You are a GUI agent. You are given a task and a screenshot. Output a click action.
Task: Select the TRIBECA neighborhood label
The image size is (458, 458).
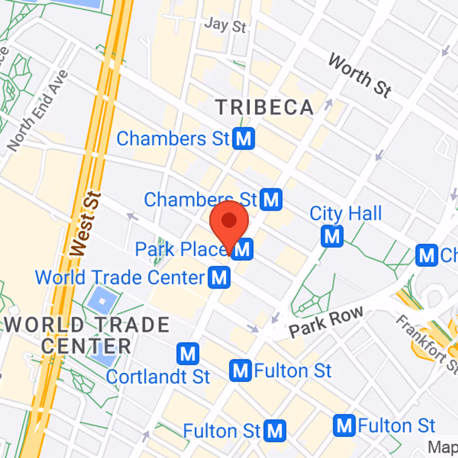point(264,107)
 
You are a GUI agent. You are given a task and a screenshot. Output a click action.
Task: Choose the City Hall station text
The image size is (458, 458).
point(345,214)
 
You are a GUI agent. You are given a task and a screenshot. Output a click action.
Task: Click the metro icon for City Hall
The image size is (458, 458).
point(332,236)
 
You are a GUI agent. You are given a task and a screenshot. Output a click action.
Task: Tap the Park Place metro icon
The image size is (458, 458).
point(243,249)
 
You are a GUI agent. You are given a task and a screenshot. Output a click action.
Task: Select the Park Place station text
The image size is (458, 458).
point(181,250)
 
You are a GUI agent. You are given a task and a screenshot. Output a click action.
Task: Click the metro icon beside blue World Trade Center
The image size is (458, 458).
point(219,278)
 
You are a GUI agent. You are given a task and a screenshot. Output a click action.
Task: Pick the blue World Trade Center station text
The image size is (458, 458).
point(120,278)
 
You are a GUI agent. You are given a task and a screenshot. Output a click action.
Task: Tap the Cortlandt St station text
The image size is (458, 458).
point(158,377)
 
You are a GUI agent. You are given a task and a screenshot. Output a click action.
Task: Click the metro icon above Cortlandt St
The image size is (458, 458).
point(187,354)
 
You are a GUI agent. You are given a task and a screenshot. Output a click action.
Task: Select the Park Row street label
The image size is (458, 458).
point(326,322)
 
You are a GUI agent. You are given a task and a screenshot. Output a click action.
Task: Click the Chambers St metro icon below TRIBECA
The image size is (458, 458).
point(244,138)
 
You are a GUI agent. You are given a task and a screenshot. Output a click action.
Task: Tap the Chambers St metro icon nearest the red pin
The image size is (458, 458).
point(271,199)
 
